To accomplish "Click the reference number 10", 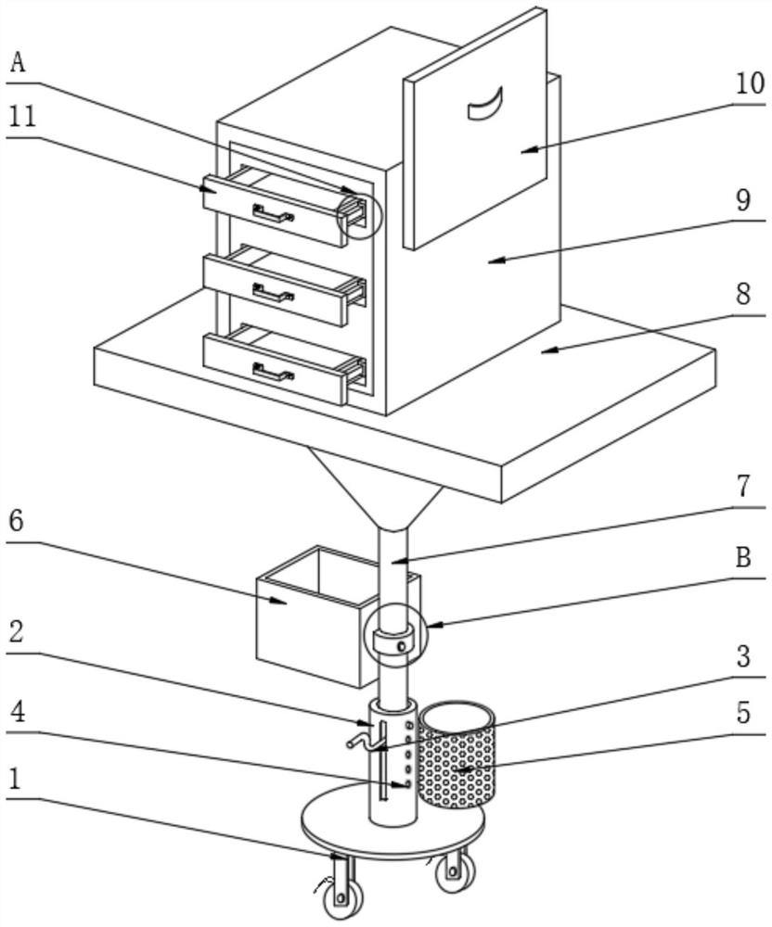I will [x=751, y=84].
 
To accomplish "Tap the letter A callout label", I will [x=19, y=63].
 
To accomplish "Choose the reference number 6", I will [x=16, y=521].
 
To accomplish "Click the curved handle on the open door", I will [x=484, y=104].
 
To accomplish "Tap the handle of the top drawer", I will [x=272, y=215].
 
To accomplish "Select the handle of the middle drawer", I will [x=272, y=294].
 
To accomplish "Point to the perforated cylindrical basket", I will [x=457, y=756].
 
